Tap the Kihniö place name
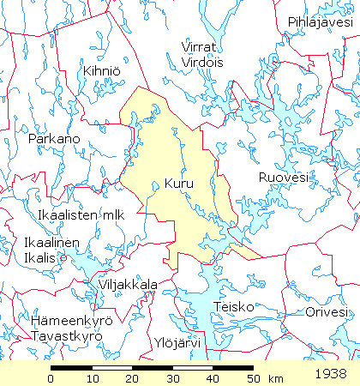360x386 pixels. coord(100,70)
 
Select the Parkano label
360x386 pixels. coord(54,138)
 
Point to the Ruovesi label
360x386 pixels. coord(282,178)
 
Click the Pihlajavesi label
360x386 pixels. coord(320,21)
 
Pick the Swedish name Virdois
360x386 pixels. coord(201,62)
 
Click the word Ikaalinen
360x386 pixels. coord(52,243)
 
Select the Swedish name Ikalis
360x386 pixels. coord(41,257)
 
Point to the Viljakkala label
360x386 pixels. coord(128,284)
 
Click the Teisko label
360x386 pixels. coord(231,305)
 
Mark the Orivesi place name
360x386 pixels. coord(327,311)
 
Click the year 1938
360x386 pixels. coord(330,374)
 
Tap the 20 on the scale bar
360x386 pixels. coord(131,378)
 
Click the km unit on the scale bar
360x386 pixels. coord(275,378)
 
